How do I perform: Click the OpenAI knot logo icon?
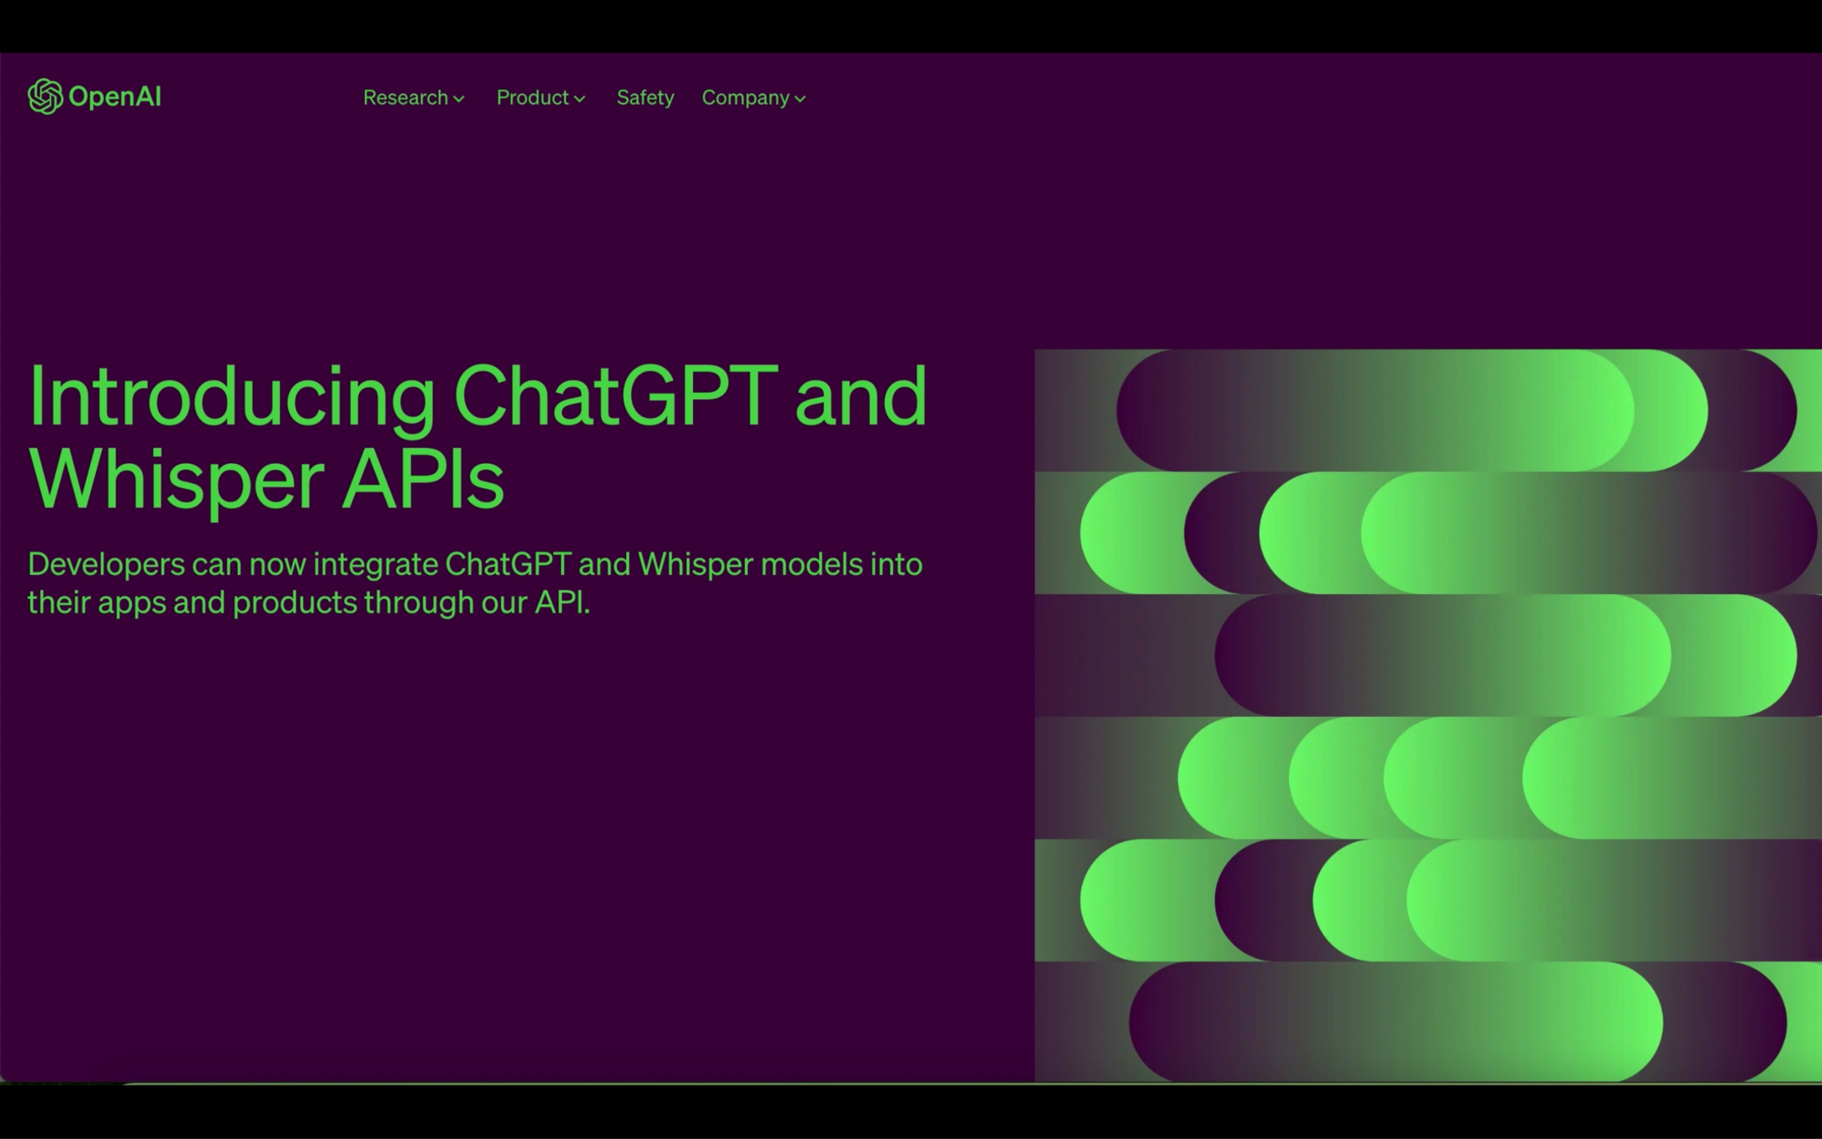click(44, 96)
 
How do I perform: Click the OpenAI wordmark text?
click(115, 96)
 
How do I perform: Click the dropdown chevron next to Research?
click(459, 99)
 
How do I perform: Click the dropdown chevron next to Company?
click(800, 99)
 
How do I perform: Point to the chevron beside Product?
click(580, 99)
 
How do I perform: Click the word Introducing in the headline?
click(231, 397)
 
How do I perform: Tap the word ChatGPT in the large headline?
click(615, 397)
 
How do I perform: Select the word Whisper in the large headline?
click(176, 481)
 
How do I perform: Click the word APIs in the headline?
click(423, 481)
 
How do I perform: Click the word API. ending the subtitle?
click(562, 603)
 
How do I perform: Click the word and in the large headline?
click(860, 397)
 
